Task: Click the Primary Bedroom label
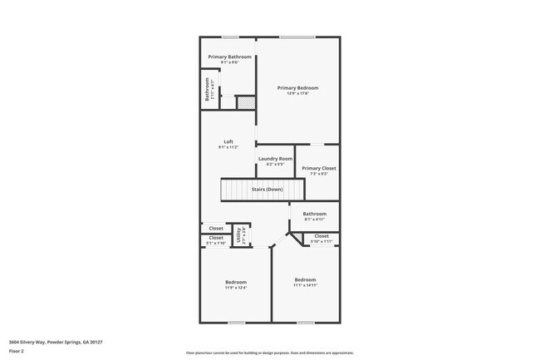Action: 297,87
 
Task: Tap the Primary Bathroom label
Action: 229,57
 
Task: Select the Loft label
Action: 228,141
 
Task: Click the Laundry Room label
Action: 275,158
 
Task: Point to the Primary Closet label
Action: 318,168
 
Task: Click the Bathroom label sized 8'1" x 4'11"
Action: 314,214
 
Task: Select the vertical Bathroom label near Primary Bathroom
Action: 207,89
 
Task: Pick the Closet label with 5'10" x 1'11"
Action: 322,236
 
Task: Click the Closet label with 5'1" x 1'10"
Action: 216,238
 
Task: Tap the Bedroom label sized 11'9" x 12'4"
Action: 235,283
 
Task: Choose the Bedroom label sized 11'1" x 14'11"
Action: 305,279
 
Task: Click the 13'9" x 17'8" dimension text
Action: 297,93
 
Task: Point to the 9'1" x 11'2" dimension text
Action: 228,146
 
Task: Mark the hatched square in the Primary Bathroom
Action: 245,102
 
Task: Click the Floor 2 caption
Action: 17,351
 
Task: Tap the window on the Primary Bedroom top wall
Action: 297,37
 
